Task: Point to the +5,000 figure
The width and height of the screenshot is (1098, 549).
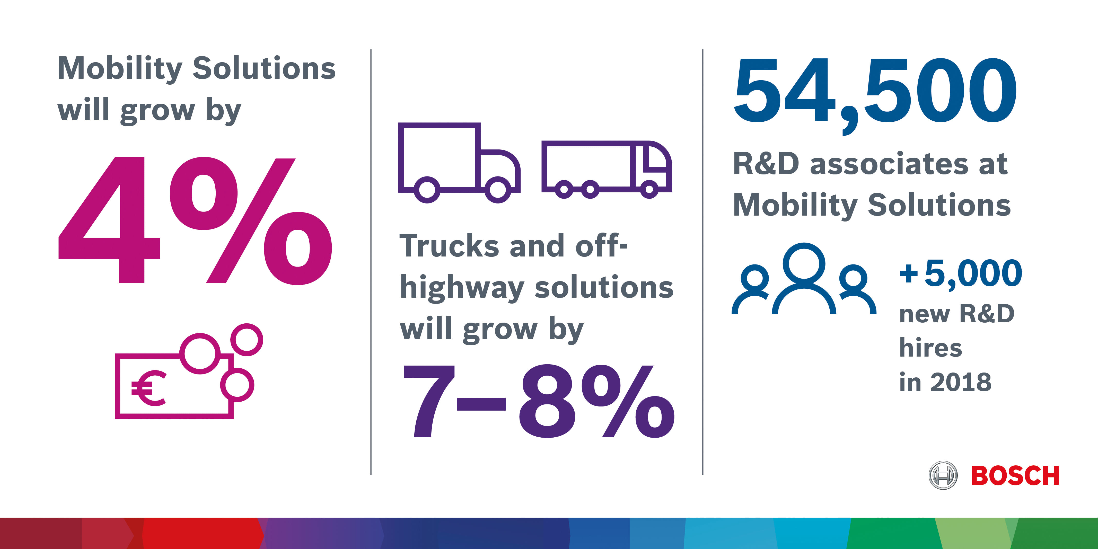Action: click(x=961, y=274)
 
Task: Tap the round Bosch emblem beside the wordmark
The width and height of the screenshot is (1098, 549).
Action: click(x=943, y=475)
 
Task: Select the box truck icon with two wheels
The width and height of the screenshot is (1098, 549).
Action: click(x=459, y=162)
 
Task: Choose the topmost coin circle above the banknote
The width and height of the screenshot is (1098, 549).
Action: click(x=246, y=340)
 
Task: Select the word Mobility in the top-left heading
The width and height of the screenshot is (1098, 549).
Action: click(x=120, y=69)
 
